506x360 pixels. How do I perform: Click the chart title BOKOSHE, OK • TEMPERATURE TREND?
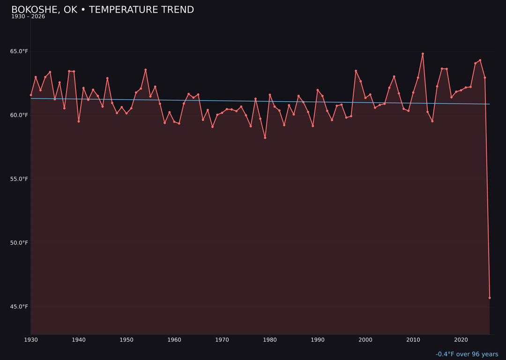click(x=103, y=10)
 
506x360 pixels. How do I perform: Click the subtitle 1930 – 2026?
click(x=28, y=17)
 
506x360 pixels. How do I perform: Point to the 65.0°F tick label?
click(x=19, y=51)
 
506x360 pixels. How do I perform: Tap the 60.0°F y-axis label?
click(x=19, y=115)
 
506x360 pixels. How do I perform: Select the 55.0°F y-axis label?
click(x=19, y=179)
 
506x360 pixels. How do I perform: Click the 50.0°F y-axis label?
click(x=19, y=243)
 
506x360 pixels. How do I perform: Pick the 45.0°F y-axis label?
click(x=19, y=307)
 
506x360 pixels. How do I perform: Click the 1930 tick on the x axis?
click(x=31, y=340)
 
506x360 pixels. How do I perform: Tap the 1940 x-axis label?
click(x=79, y=340)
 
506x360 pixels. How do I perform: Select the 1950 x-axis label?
click(x=126, y=340)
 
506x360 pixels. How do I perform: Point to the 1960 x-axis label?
click(x=174, y=340)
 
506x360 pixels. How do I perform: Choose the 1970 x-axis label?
click(x=222, y=340)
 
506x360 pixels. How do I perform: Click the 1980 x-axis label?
click(x=270, y=340)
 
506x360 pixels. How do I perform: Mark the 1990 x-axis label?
click(x=318, y=340)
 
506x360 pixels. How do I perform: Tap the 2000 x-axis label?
click(x=365, y=340)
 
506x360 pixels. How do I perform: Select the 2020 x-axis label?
click(x=461, y=340)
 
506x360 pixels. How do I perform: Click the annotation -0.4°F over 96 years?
click(x=467, y=354)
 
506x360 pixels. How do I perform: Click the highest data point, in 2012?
click(x=423, y=54)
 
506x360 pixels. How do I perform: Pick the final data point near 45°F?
click(x=490, y=298)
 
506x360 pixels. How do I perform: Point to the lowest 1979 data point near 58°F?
click(x=265, y=138)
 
